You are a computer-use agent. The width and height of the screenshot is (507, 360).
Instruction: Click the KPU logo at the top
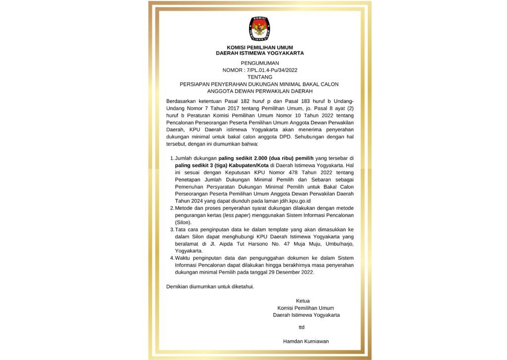259,29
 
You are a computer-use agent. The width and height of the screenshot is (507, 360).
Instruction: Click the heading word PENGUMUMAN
260,63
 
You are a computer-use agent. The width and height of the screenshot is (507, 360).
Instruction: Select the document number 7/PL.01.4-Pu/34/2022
270,70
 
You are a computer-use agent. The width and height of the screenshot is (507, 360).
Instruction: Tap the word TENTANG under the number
260,77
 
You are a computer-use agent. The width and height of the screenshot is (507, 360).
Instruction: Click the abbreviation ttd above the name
302,327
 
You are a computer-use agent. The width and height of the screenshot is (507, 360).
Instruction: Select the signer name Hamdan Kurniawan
305,341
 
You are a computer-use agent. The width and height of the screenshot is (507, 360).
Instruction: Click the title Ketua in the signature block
303,301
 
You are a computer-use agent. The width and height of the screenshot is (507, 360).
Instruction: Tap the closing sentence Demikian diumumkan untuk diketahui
210,287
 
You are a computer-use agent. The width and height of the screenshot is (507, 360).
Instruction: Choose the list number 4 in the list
171,258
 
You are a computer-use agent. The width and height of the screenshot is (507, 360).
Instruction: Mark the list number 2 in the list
171,208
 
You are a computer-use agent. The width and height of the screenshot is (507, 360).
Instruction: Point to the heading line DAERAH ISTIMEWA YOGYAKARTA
260,53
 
